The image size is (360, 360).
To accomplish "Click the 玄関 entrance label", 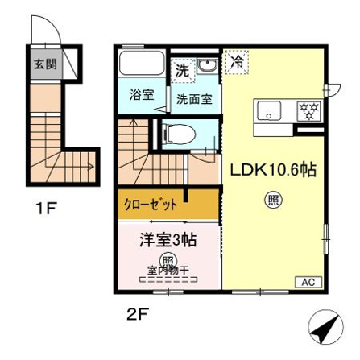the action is click(45, 64).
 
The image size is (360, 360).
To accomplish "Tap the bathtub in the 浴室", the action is click(142, 63).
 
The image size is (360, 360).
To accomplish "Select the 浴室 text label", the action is click(142, 95).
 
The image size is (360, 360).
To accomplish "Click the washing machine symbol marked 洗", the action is click(182, 70).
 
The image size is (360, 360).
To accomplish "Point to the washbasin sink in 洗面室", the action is click(207, 66).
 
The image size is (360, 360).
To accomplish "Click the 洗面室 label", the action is click(194, 100).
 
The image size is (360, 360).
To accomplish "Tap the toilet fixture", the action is click(179, 134).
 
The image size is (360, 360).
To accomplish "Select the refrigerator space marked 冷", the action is click(238, 62).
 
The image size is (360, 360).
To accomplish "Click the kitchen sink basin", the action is click(269, 110).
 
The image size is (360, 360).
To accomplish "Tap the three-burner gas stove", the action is click(309, 110).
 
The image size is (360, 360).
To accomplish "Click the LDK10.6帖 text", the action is click(274, 169).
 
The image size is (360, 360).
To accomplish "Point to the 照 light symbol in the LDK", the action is click(274, 200).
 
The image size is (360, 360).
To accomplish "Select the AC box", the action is click(308, 282).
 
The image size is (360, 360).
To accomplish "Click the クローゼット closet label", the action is click(151, 205).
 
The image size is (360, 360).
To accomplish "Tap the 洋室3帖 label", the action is click(168, 240).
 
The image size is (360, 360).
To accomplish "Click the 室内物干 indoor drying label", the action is click(168, 271).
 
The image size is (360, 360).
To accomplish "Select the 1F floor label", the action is click(47, 208).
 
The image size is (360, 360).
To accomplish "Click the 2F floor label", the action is click(138, 313).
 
